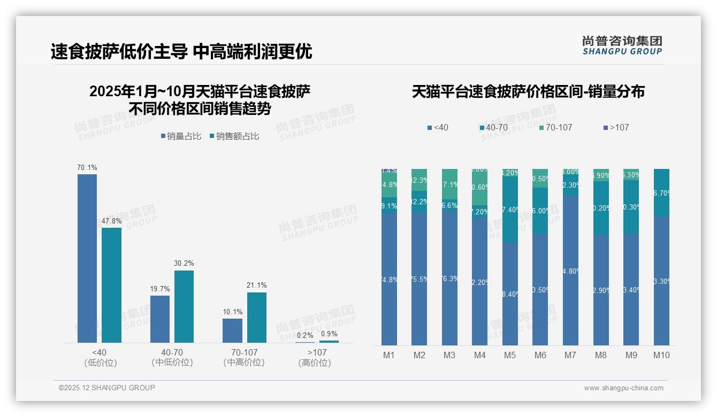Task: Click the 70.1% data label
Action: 87,167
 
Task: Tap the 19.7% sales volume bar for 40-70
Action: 159,319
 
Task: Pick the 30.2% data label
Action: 184,263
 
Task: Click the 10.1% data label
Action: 233,312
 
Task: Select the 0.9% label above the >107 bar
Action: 329,334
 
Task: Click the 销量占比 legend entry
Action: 181,136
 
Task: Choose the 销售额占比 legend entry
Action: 234,136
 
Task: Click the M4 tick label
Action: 479,355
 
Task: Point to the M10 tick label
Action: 661,355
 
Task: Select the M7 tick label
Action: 570,355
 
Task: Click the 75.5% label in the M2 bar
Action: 419,279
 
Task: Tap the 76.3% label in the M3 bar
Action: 449,279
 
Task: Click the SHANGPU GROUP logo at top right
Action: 622,45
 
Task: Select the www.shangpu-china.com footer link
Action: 623,388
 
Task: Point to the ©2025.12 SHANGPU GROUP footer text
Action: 107,388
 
